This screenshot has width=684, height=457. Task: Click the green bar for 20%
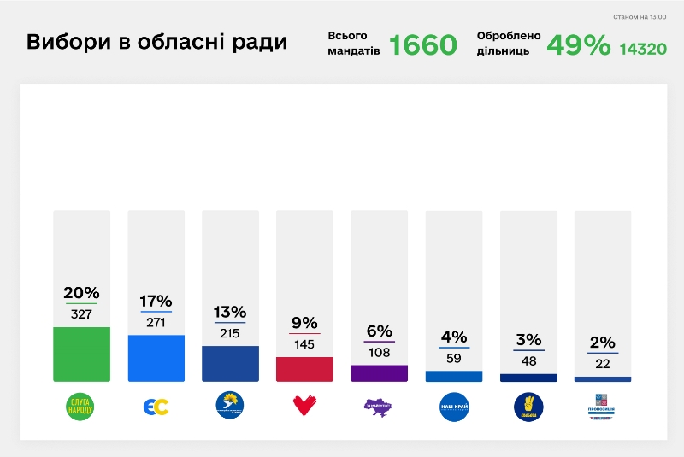pyautogui.click(x=81, y=354)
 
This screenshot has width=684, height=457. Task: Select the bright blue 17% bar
pyautogui.click(x=156, y=358)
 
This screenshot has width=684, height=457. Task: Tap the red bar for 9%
pyautogui.click(x=304, y=369)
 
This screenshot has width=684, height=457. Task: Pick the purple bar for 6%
pyautogui.click(x=379, y=372)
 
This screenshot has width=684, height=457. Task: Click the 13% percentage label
pyautogui.click(x=230, y=312)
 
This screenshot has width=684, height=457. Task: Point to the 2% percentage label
pyautogui.click(x=602, y=343)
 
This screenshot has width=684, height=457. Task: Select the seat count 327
pyautogui.click(x=81, y=314)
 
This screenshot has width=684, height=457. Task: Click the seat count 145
pyautogui.click(x=304, y=344)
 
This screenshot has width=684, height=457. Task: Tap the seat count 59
pyautogui.click(x=453, y=359)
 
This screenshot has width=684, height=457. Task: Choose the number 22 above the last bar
pyautogui.click(x=602, y=364)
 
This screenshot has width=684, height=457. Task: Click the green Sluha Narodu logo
pyautogui.click(x=81, y=407)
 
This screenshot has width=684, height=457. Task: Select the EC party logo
pyautogui.click(x=156, y=407)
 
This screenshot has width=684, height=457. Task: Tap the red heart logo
pyautogui.click(x=304, y=407)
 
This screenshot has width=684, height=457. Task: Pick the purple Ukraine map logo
pyautogui.click(x=379, y=407)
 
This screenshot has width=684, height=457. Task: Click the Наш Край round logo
pyautogui.click(x=453, y=407)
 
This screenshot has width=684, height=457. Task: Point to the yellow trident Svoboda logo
pyautogui.click(x=528, y=407)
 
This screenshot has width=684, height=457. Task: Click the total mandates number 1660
pyautogui.click(x=423, y=45)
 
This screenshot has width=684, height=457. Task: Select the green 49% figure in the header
pyautogui.click(x=578, y=45)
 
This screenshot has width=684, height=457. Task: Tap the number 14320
pyautogui.click(x=643, y=49)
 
